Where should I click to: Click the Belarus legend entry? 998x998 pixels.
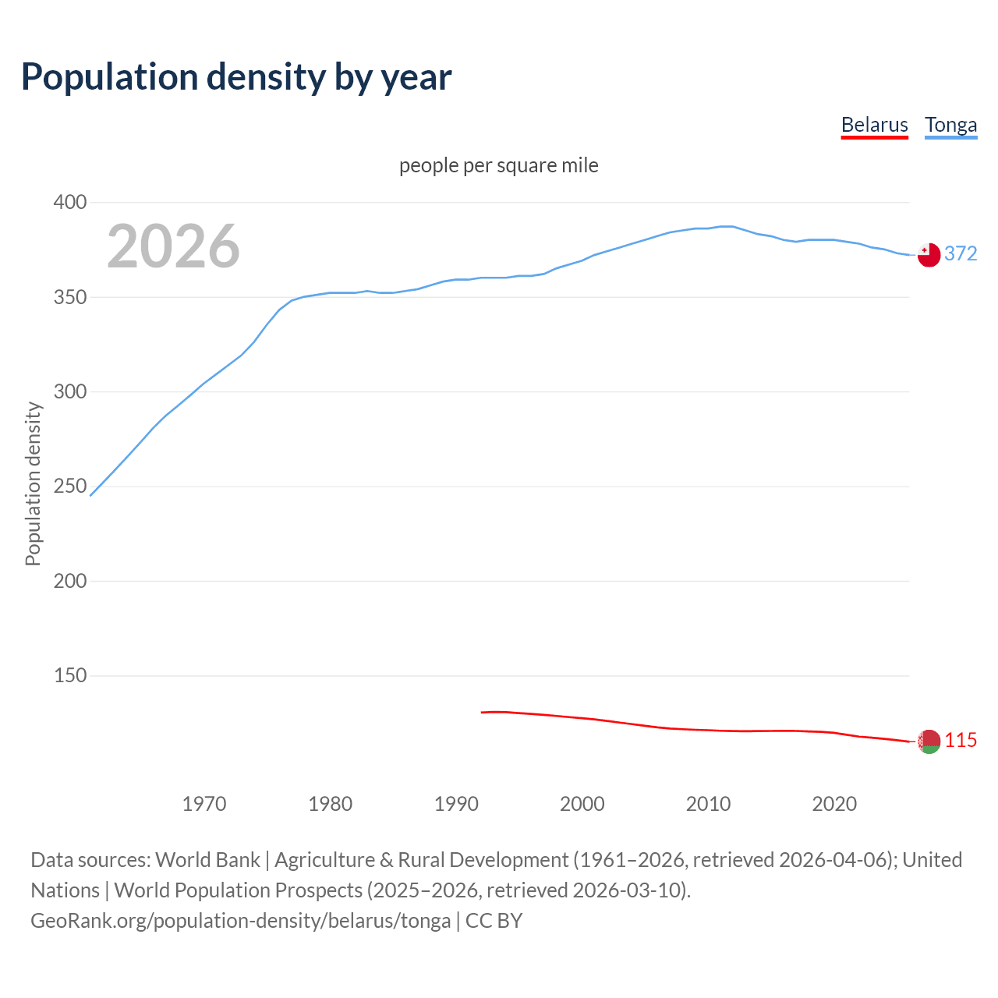874,125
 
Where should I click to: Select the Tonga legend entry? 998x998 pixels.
950,125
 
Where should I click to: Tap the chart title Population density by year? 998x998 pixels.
236,76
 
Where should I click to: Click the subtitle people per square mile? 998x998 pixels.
498,165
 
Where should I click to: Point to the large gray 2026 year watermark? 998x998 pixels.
173,246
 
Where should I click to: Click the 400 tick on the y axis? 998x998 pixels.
69,203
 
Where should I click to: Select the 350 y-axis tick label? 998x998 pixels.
69,297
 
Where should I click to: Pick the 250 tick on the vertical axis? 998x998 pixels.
69,487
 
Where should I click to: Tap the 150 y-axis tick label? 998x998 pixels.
69,676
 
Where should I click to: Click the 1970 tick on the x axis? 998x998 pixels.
204,804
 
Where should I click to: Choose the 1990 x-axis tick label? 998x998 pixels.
456,804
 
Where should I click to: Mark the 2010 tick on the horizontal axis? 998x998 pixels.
708,804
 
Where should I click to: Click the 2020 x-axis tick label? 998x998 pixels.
834,804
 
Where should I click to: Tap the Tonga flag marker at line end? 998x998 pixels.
929,255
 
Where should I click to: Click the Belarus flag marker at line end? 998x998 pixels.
929,741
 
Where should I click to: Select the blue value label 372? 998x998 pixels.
961,253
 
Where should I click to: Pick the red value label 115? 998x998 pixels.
961,740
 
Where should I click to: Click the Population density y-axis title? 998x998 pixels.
33,483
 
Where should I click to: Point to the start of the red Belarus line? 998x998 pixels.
482,712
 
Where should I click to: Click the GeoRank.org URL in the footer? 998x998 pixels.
240,921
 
